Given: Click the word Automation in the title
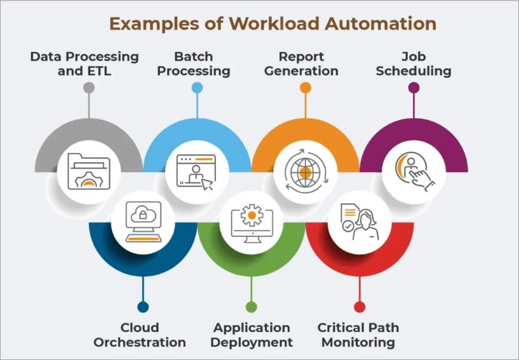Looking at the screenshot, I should click(x=381, y=24).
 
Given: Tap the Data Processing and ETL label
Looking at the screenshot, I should click(x=84, y=63).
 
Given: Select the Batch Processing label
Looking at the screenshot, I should click(x=194, y=63).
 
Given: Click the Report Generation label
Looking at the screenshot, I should click(x=301, y=63).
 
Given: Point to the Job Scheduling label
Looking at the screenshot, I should click(x=414, y=63).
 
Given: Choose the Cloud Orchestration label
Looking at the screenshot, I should click(x=140, y=335).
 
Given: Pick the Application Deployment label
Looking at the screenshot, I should click(x=252, y=335).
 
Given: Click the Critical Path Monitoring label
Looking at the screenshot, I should click(x=358, y=335).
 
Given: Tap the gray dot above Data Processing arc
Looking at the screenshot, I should click(x=89, y=88).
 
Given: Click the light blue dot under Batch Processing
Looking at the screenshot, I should click(x=197, y=88).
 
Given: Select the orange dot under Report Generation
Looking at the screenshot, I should click(x=306, y=88).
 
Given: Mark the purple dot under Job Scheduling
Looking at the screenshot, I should click(x=414, y=88).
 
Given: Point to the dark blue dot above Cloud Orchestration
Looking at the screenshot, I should click(x=143, y=307).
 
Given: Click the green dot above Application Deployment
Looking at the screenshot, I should click(x=252, y=307).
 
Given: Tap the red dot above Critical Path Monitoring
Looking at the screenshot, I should click(x=360, y=307).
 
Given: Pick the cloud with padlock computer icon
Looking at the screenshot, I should click(x=142, y=222).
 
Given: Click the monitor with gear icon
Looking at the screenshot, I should click(x=252, y=222).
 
